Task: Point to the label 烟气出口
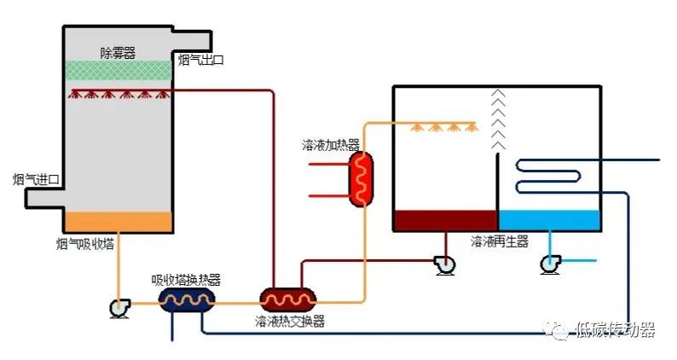200,60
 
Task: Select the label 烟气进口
36,179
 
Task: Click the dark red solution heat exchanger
287,299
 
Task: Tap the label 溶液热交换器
289,322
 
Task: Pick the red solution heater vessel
362,178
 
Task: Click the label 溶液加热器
331,143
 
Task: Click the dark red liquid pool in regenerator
445,220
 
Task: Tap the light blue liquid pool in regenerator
549,220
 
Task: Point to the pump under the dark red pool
444,264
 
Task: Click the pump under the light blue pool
551,264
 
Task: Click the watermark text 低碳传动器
616,331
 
